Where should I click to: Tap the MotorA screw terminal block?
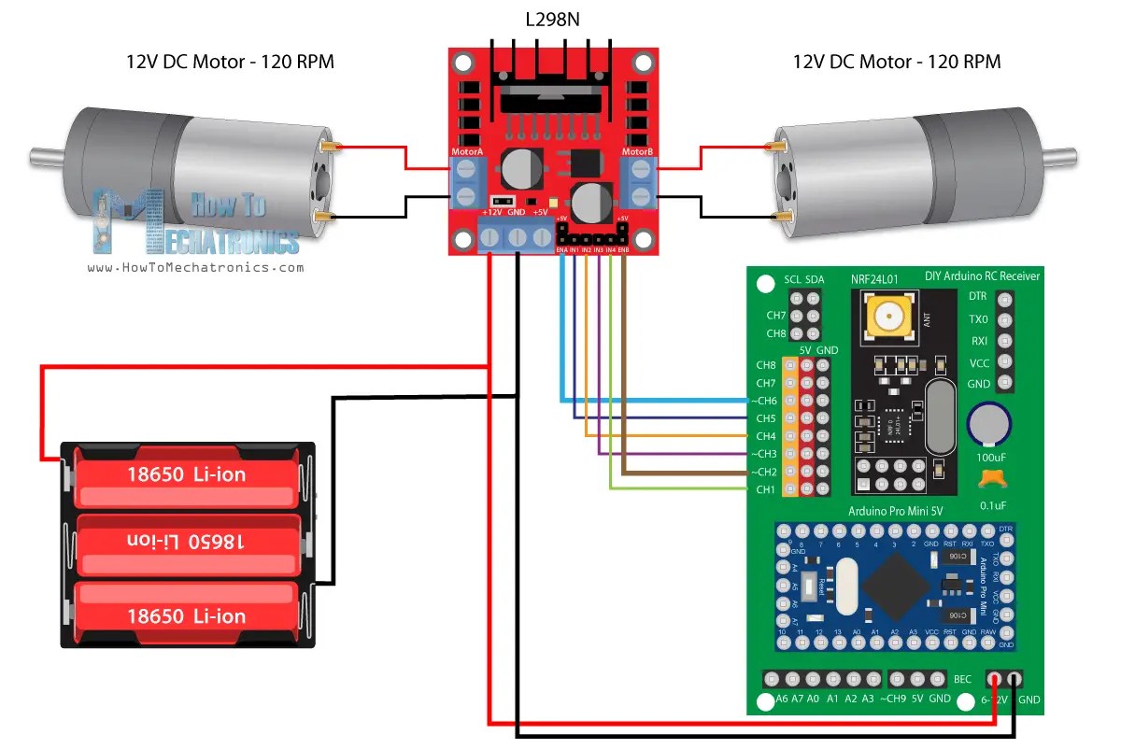(x=464, y=183)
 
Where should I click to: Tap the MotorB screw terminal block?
(x=640, y=183)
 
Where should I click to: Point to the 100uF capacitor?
(x=989, y=424)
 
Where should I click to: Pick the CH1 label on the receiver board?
(x=765, y=489)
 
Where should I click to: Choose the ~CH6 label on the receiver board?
(x=763, y=401)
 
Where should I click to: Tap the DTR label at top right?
(x=977, y=296)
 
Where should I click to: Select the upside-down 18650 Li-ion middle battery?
(x=187, y=543)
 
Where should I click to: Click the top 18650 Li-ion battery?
(x=187, y=473)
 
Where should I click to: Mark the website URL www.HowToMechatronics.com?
(x=196, y=267)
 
